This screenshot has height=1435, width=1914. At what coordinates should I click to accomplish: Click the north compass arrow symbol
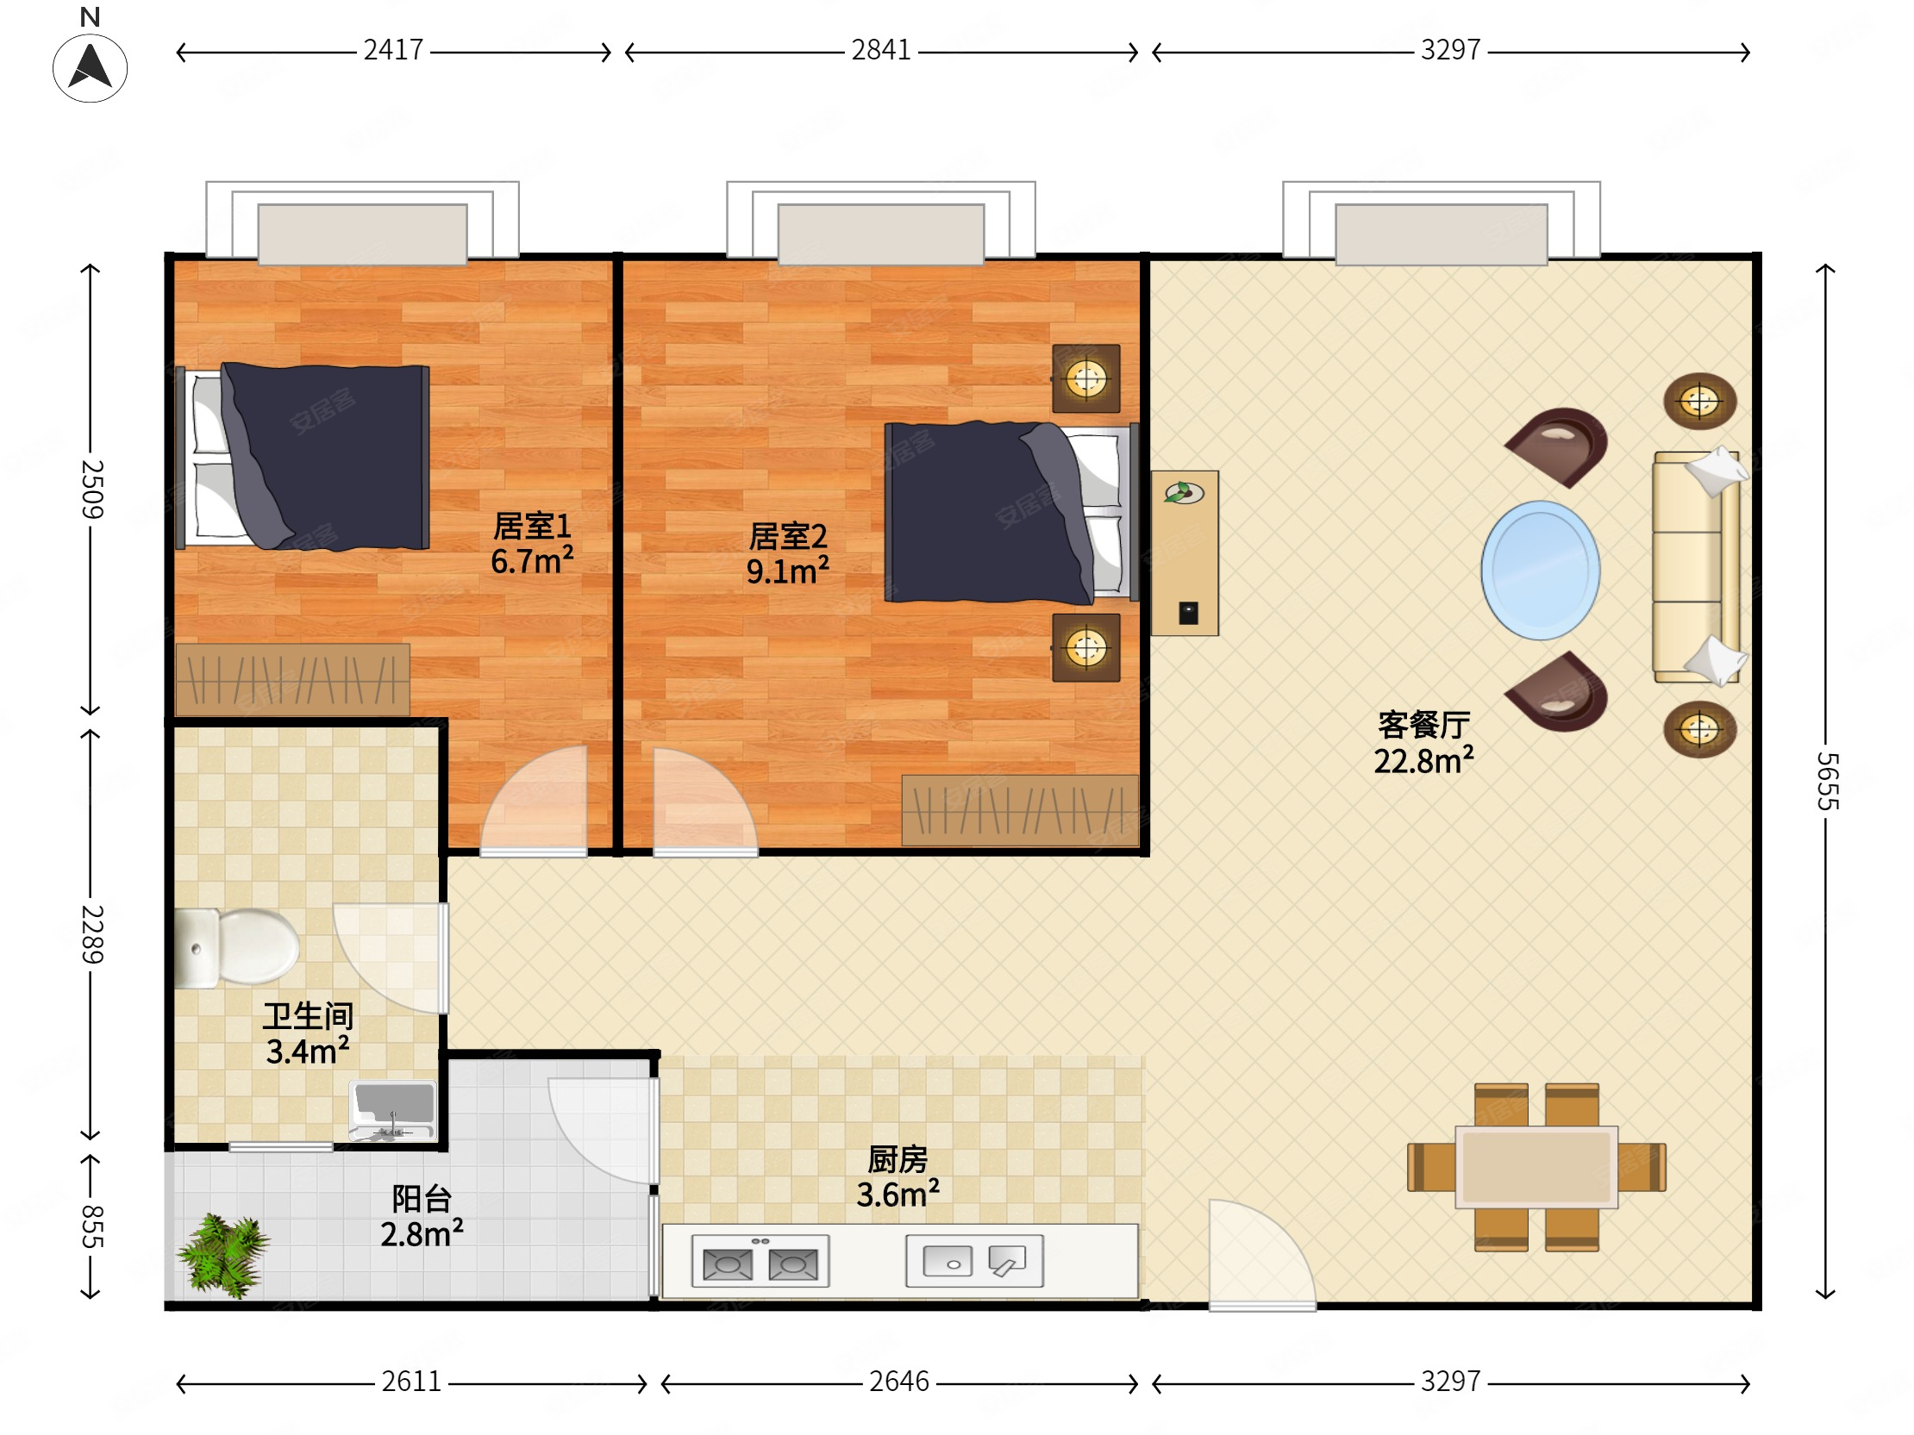pyautogui.click(x=90, y=67)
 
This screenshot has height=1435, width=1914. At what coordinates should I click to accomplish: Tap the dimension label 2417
pyautogui.click(x=393, y=50)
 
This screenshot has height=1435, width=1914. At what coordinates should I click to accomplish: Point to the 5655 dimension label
pyautogui.click(x=1826, y=780)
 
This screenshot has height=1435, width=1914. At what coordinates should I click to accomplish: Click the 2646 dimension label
pyautogui.click(x=899, y=1382)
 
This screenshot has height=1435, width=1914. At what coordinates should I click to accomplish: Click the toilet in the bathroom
pyautogui.click(x=236, y=947)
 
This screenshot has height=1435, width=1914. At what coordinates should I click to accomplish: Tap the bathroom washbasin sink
pyautogui.click(x=393, y=1111)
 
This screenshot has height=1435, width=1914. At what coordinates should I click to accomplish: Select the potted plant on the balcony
pyautogui.click(x=223, y=1256)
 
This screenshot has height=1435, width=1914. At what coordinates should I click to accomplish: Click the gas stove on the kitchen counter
pyautogui.click(x=760, y=1261)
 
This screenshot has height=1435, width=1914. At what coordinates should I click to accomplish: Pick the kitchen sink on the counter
pyautogui.click(x=974, y=1261)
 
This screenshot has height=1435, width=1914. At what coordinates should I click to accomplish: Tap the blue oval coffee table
pyautogui.click(x=1540, y=570)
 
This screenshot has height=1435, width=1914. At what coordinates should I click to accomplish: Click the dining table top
pyautogui.click(x=1536, y=1167)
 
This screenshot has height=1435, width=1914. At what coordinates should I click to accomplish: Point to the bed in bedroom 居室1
pyautogui.click(x=303, y=457)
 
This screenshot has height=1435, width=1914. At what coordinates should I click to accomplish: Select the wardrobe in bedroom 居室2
pyautogui.click(x=1020, y=810)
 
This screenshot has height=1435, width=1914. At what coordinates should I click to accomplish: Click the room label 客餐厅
pyautogui.click(x=1423, y=725)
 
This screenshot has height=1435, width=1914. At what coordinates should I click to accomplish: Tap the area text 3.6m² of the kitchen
pyautogui.click(x=898, y=1195)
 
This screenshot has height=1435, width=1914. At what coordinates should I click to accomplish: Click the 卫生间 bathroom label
pyautogui.click(x=308, y=1015)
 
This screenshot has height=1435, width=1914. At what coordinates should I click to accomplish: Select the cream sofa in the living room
pyautogui.click(x=1697, y=567)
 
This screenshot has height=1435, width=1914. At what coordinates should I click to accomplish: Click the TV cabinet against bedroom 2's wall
pyautogui.click(x=1185, y=553)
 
